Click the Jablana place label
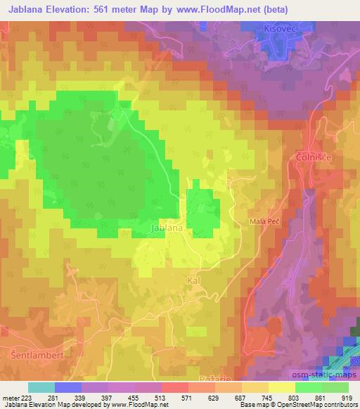[167, 228]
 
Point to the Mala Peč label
[264, 221]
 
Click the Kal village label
[195, 280]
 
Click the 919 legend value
[347, 397]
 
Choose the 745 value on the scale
[266, 397]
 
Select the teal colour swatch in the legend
[41, 387]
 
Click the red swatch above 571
[175, 387]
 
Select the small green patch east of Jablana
[202, 208]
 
